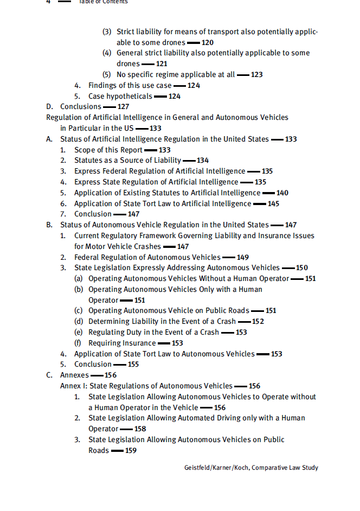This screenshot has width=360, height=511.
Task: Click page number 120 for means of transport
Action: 207,42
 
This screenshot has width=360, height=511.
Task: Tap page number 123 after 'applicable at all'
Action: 256,74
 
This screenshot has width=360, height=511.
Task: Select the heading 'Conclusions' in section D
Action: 81,107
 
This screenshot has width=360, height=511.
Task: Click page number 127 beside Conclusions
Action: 123,107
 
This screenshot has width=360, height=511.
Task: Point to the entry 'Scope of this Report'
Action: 108,150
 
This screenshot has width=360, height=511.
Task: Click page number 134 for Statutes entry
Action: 202,161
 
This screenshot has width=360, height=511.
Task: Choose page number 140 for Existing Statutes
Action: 282,193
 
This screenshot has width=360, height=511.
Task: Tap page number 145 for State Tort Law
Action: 273,203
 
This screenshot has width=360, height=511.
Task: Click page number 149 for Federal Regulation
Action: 242,257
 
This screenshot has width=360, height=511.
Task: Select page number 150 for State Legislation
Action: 301,268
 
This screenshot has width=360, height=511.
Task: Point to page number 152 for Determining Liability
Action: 258,322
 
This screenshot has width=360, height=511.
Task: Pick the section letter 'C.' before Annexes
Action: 49,375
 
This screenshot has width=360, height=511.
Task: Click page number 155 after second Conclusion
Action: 133,365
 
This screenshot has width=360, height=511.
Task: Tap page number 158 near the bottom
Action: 140,429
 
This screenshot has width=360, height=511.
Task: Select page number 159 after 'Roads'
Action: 131,450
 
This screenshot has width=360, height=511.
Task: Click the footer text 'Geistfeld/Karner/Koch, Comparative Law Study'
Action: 251,468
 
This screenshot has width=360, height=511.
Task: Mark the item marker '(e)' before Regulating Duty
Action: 79,332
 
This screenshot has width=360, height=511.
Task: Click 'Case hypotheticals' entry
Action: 120,96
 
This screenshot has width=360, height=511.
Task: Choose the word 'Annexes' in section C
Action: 74,375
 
